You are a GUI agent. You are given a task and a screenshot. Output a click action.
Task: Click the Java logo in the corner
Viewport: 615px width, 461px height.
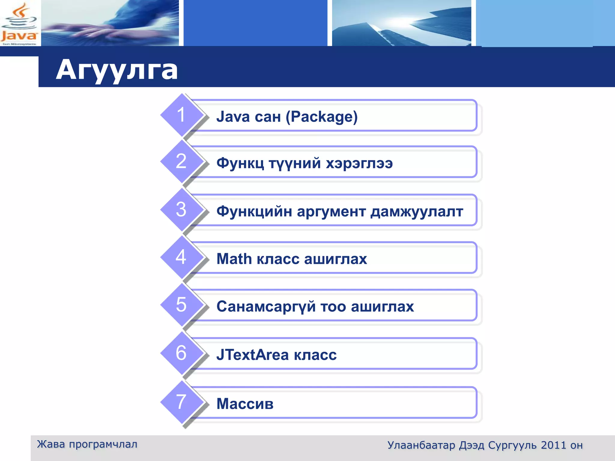(x=19, y=23)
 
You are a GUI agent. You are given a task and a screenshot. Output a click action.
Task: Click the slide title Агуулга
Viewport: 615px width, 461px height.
(x=117, y=70)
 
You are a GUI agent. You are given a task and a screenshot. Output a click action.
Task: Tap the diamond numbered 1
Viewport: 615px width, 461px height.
(x=181, y=115)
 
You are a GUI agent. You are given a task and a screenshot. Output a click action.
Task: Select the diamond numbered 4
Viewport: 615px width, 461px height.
(x=181, y=257)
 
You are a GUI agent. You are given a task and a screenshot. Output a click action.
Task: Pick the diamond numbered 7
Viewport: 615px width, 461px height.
(x=181, y=402)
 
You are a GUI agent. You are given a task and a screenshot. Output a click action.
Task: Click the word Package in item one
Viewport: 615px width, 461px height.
(x=322, y=117)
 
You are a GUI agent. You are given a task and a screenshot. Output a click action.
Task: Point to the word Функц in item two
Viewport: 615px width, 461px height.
(x=240, y=163)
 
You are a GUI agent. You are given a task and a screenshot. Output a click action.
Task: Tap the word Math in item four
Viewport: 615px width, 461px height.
(x=234, y=259)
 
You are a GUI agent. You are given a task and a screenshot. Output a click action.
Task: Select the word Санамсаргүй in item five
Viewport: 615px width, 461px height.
(x=266, y=307)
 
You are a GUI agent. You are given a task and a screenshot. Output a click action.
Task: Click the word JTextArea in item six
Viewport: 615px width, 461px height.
(x=253, y=355)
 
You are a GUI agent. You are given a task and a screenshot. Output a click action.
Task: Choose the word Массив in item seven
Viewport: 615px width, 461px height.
(x=245, y=404)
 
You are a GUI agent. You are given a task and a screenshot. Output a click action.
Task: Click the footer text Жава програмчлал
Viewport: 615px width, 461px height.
(x=87, y=444)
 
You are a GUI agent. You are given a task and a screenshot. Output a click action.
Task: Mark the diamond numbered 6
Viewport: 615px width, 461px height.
(x=181, y=353)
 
